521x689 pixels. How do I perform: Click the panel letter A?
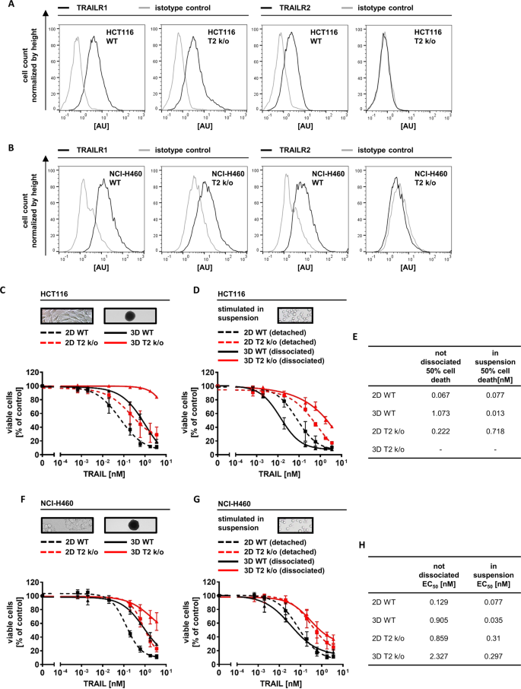(11, 9)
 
